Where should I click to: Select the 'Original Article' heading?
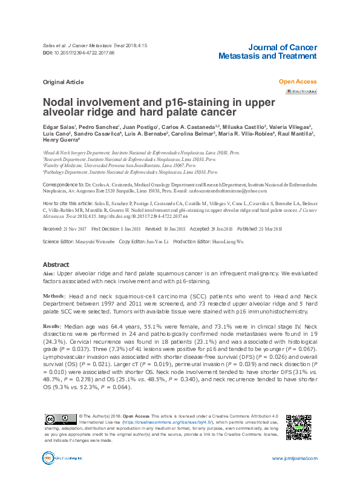tap(63, 82)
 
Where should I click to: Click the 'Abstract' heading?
tap(56, 265)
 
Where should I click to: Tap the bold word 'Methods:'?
tap(54, 295)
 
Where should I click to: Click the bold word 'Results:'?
tap(52, 326)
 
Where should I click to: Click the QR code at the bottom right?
tap(298, 428)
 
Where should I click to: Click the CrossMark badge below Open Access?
tap(300, 91)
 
